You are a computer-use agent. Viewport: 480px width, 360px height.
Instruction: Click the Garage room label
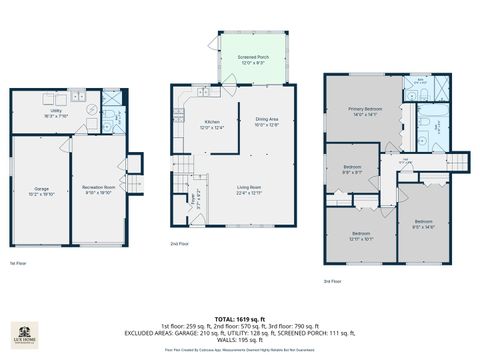click(42, 190)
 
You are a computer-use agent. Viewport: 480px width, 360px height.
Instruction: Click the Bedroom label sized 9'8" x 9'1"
click(352, 169)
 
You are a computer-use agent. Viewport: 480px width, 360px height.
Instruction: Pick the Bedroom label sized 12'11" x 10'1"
click(360, 237)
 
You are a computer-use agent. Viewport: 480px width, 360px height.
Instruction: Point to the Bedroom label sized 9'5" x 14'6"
click(424, 224)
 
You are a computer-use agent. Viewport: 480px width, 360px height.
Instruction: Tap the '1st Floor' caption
click(18, 263)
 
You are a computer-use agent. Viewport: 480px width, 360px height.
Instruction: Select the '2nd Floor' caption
click(179, 243)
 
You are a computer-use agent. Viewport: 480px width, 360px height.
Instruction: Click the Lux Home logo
click(24, 333)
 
